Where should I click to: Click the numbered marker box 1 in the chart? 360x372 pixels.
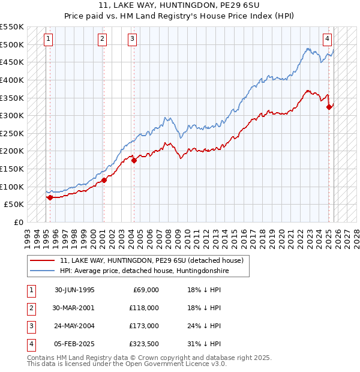(x=48, y=39)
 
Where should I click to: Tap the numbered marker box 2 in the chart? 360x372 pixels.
(x=103, y=39)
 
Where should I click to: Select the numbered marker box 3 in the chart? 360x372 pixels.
(x=132, y=39)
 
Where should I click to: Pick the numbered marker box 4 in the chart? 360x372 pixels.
(x=328, y=39)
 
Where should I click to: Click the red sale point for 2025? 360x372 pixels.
(x=329, y=107)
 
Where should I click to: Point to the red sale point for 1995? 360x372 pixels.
(x=50, y=197)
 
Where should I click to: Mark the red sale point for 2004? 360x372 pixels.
(x=134, y=160)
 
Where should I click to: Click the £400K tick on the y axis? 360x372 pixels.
(x=12, y=80)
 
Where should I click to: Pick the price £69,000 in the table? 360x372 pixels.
(x=145, y=290)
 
